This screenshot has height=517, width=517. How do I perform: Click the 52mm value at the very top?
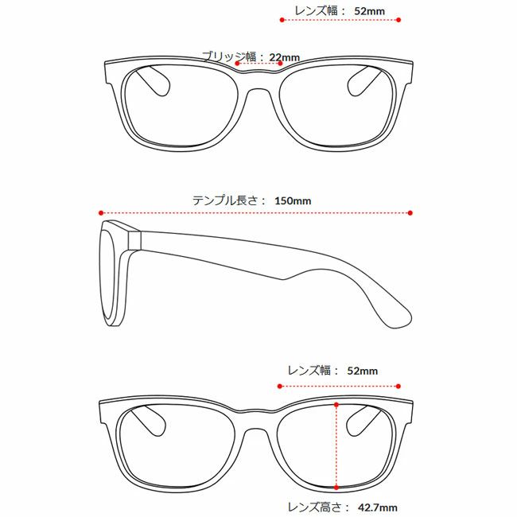369,11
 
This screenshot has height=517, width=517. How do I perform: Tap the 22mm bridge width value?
285,57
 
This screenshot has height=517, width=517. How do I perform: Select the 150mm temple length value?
293,200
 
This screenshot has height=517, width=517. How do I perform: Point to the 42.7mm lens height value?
377,507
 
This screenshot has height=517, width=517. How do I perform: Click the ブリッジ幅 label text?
229,56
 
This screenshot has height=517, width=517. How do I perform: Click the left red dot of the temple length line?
101,213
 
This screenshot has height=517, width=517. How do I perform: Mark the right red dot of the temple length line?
410,213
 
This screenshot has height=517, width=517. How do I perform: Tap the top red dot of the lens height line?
336,405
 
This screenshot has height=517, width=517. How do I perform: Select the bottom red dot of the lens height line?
336,488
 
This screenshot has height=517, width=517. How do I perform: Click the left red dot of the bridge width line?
237,64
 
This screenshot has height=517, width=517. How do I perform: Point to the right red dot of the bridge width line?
280,64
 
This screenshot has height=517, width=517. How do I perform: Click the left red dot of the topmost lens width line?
282,20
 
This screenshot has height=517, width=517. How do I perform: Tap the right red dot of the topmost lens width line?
398,20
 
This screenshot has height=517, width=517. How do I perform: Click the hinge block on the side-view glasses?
134,240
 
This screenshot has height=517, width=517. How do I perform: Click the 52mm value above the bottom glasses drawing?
363,371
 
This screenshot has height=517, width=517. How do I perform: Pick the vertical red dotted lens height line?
336,446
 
